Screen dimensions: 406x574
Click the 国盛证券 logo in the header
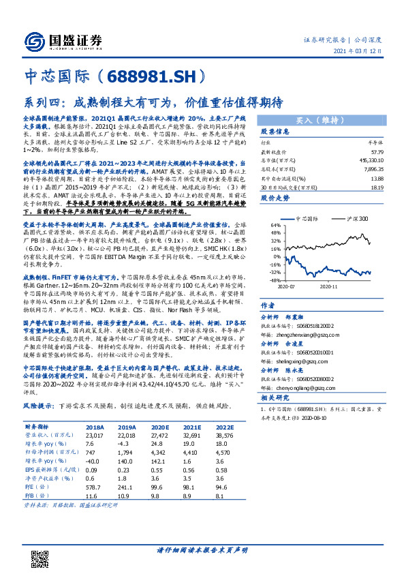(62, 39)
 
